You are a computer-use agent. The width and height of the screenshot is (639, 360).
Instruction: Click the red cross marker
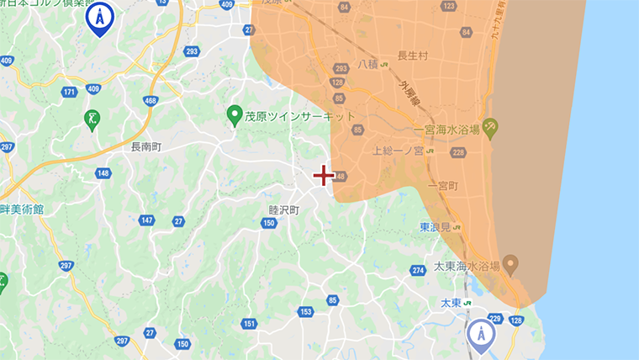point(324,175)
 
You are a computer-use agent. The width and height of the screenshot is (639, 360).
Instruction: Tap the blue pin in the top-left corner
point(100,19)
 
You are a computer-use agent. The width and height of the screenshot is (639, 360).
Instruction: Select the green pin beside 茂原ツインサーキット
point(236,115)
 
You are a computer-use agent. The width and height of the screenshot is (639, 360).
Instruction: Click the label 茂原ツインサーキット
point(300,117)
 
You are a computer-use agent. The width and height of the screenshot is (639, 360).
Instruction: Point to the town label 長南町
point(145,146)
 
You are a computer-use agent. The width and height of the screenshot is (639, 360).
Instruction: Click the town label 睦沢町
point(283,210)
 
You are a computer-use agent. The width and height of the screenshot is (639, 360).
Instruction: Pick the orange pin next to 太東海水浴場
point(511,263)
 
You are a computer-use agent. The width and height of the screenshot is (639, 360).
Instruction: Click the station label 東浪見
point(436,227)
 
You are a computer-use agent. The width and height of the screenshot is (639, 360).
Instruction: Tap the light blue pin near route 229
point(481,333)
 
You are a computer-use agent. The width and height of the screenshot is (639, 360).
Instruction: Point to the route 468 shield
point(151,101)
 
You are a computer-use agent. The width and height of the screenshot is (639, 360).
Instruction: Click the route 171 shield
point(69,91)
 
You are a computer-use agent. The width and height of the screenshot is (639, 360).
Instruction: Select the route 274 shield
point(418,270)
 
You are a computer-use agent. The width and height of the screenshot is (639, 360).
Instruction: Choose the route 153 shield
point(304,312)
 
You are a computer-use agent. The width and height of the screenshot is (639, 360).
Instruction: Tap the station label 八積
point(368,64)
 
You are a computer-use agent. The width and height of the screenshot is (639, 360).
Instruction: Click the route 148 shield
point(103,173)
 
